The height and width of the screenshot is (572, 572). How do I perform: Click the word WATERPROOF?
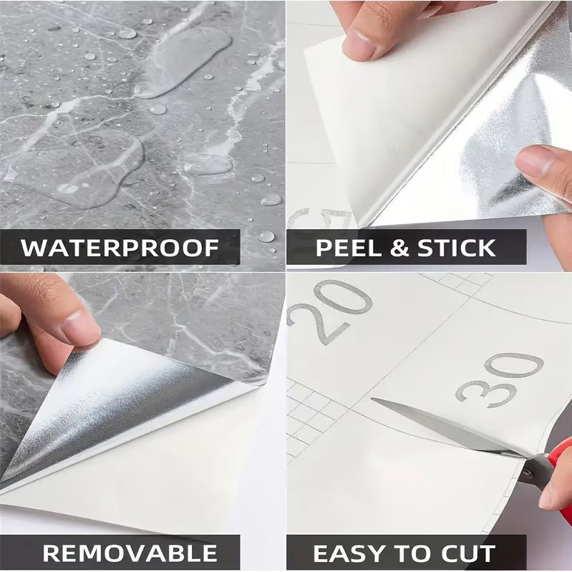point(120,248)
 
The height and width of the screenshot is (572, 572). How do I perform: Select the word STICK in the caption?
point(455,248)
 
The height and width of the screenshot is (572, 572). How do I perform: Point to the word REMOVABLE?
point(130,553)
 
